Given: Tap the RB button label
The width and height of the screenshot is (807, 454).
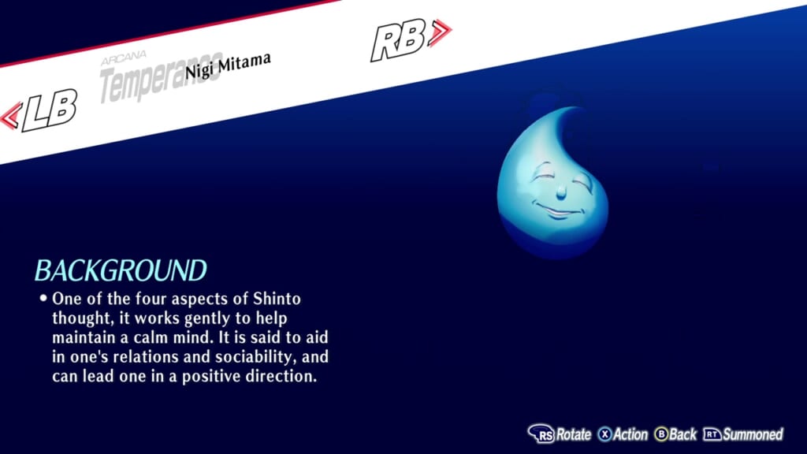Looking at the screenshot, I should coord(398,40).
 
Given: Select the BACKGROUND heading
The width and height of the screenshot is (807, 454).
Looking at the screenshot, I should coord(120,270).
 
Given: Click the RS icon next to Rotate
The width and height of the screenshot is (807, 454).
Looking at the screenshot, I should coord(541,434).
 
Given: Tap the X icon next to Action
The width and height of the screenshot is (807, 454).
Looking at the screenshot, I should coord(604,434).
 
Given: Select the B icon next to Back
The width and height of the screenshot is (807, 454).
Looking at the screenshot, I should coord(661,434).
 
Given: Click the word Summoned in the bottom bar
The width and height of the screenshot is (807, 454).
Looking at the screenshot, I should coord(753,434).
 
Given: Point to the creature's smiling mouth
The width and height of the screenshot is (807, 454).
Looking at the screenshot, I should coord(556,212).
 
